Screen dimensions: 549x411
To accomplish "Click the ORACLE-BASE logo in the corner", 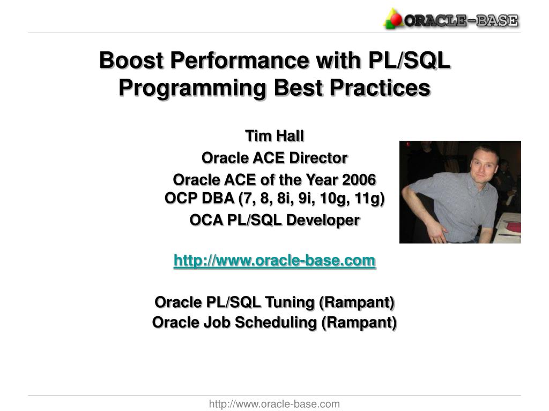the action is click(451, 19).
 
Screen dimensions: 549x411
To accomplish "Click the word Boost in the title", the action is click(132, 60).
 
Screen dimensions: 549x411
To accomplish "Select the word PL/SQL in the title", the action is click(409, 60).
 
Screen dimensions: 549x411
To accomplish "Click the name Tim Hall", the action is click(274, 136).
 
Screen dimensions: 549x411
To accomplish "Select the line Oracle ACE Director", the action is click(274, 158).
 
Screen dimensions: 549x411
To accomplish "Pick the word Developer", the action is click(323, 220).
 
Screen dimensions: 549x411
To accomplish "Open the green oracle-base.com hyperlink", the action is click(274, 261).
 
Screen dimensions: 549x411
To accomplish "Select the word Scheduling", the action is click(276, 323).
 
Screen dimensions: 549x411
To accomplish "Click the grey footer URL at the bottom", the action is click(274, 404).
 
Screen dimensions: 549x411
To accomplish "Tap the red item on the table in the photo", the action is click(513, 227).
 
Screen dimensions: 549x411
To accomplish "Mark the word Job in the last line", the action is click(217, 323).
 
